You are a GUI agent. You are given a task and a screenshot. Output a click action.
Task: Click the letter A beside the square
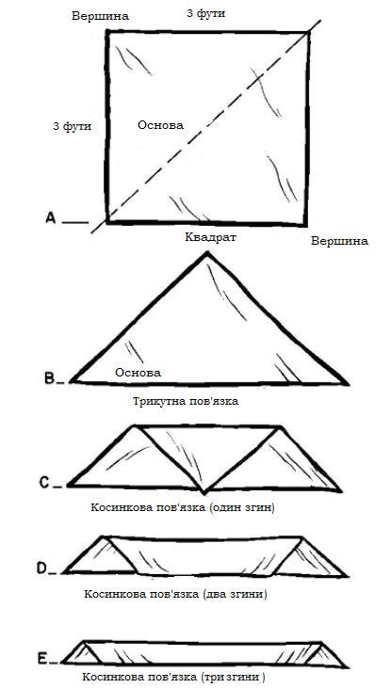coord(51,218)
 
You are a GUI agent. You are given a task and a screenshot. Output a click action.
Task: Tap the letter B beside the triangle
coord(51,378)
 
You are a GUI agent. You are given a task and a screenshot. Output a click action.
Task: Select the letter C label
coord(44,482)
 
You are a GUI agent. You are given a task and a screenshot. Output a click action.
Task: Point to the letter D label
coord(42,568)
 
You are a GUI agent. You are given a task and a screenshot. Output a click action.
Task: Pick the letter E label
coord(42,658)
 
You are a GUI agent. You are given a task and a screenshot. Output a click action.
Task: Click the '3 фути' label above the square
coord(206,13)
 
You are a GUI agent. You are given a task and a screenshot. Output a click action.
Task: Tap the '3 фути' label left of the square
coord(72,126)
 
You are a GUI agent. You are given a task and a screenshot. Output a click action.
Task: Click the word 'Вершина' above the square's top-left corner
coord(101,16)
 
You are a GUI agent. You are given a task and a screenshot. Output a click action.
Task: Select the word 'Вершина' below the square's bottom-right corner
coord(339,241)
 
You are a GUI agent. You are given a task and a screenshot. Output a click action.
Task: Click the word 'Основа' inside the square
coord(160,125)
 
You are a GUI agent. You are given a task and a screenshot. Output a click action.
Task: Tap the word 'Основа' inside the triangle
coord(138,373)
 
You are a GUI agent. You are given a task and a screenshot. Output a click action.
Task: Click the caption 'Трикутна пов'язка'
coord(185,401)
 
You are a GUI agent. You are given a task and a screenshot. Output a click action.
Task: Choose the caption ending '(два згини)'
coord(175,595)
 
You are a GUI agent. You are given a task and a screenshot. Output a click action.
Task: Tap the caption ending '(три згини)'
coord(174,676)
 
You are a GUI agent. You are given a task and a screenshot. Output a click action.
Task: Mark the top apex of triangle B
coord(206,252)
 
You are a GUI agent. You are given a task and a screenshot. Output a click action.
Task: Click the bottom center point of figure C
coord(203,492)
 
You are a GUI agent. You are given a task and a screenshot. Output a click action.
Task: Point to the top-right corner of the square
coord(308,32)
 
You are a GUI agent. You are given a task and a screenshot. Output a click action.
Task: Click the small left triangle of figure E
coord(83,655)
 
